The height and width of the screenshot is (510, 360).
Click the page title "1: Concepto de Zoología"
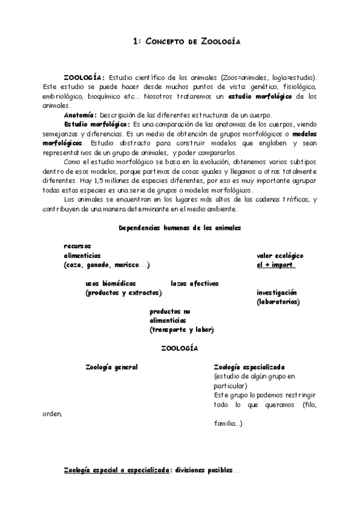point(186,41)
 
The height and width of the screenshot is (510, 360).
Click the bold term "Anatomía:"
point(79,115)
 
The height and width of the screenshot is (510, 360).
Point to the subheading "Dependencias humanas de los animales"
point(180,228)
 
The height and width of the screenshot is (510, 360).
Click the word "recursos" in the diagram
point(77,246)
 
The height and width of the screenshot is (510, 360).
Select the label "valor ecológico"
point(279,256)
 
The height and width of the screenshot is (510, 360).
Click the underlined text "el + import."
point(276,265)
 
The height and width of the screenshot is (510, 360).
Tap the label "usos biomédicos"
point(111,283)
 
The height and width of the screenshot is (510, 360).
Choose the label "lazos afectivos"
point(194,283)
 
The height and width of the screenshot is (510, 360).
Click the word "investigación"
point(276,292)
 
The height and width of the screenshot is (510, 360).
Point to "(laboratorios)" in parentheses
point(278,301)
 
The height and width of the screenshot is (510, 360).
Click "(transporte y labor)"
point(182,330)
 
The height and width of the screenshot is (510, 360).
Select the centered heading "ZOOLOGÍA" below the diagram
point(180,348)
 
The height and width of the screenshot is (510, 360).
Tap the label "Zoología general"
point(111,367)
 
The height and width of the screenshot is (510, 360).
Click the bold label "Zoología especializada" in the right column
point(249,367)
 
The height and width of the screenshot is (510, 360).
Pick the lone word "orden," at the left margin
point(52,414)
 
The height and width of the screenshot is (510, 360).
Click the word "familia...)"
point(228,423)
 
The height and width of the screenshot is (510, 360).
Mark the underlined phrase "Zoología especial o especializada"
point(118,471)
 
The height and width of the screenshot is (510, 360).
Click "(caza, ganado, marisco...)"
point(106,265)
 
